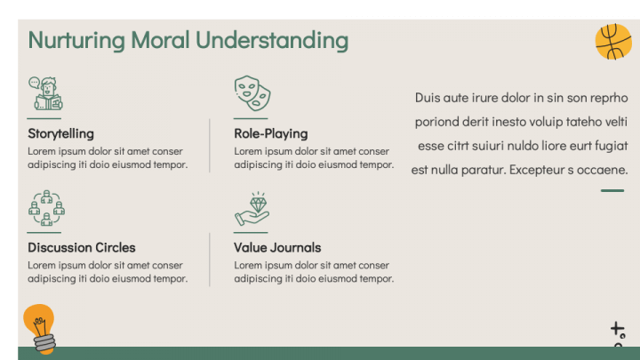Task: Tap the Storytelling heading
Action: point(60,133)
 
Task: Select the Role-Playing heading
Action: point(270,133)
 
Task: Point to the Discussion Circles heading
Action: point(81,247)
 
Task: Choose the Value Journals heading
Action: point(277,247)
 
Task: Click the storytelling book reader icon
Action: point(45,93)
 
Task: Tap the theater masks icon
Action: point(252,92)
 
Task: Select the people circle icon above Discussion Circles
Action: point(46,208)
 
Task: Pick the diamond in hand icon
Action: point(252,208)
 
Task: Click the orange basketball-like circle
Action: point(612,42)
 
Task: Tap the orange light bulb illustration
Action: point(39,326)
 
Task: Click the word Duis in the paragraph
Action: point(428,98)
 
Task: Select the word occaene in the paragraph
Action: point(603,169)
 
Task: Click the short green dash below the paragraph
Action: point(612,190)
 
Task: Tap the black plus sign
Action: point(616,329)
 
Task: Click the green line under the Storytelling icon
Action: point(44,118)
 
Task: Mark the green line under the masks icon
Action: point(250,118)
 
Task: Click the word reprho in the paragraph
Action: point(609,98)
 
